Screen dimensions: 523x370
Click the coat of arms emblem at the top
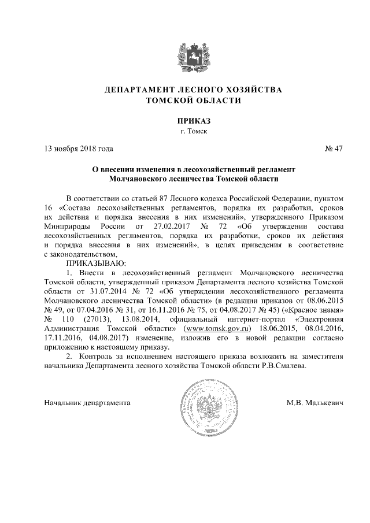pyautogui.click(x=186, y=55)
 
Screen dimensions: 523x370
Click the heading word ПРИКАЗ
pyautogui.click(x=186, y=121)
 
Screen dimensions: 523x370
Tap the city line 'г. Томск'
pyautogui.click(x=186, y=131)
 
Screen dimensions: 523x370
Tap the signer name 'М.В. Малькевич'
pyautogui.click(x=315, y=402)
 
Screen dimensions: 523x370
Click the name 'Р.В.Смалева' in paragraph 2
pyautogui.click(x=283, y=366)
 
